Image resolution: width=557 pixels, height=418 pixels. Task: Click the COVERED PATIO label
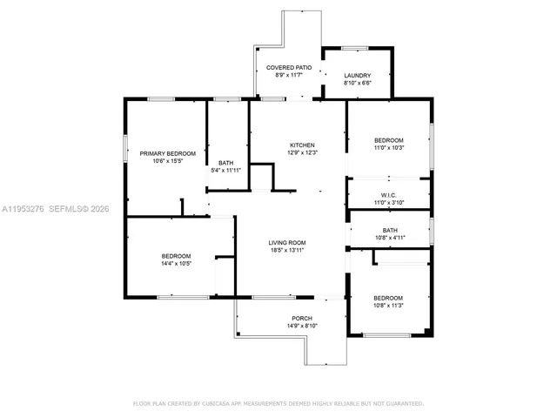coord(288,67)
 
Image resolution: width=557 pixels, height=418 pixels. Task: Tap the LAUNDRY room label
coord(357,76)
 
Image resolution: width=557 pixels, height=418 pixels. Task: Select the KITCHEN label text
coord(302,145)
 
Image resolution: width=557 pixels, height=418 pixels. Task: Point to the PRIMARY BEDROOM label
coord(168,153)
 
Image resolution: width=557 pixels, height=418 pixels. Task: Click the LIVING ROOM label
coord(290,243)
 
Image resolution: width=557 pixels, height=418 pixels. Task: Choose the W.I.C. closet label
coord(389,195)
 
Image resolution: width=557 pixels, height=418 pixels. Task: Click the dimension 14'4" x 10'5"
coord(176,263)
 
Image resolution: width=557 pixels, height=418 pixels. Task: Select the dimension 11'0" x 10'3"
coord(389,148)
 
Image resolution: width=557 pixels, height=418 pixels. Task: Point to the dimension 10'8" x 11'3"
coord(388,305)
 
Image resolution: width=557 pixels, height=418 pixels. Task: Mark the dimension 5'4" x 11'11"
coord(226,171)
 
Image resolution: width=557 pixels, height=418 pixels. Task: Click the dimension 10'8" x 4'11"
coord(389,237)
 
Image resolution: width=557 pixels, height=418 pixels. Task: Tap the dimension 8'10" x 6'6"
coord(357,84)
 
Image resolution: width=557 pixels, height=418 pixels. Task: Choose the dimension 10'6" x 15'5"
coord(168,161)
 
